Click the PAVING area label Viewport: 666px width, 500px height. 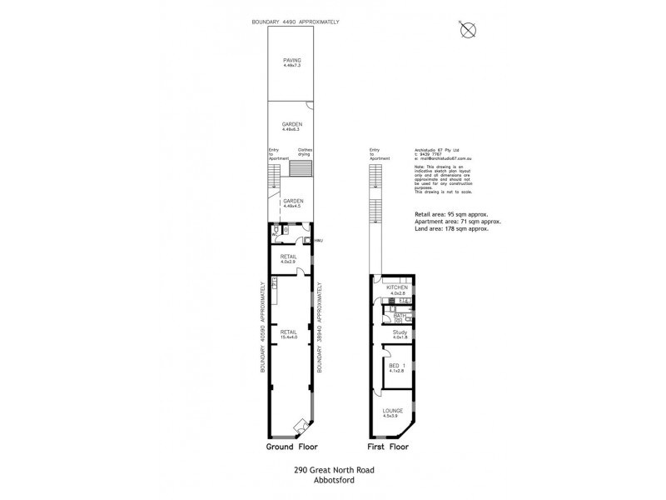coord(291,60)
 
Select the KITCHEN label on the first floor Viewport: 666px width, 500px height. coord(397,287)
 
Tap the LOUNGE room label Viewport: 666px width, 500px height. coord(394,411)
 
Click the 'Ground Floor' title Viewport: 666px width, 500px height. coord(291,447)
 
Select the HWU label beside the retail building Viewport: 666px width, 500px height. coord(318,241)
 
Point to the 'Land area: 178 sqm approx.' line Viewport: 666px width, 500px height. coord(451,228)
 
